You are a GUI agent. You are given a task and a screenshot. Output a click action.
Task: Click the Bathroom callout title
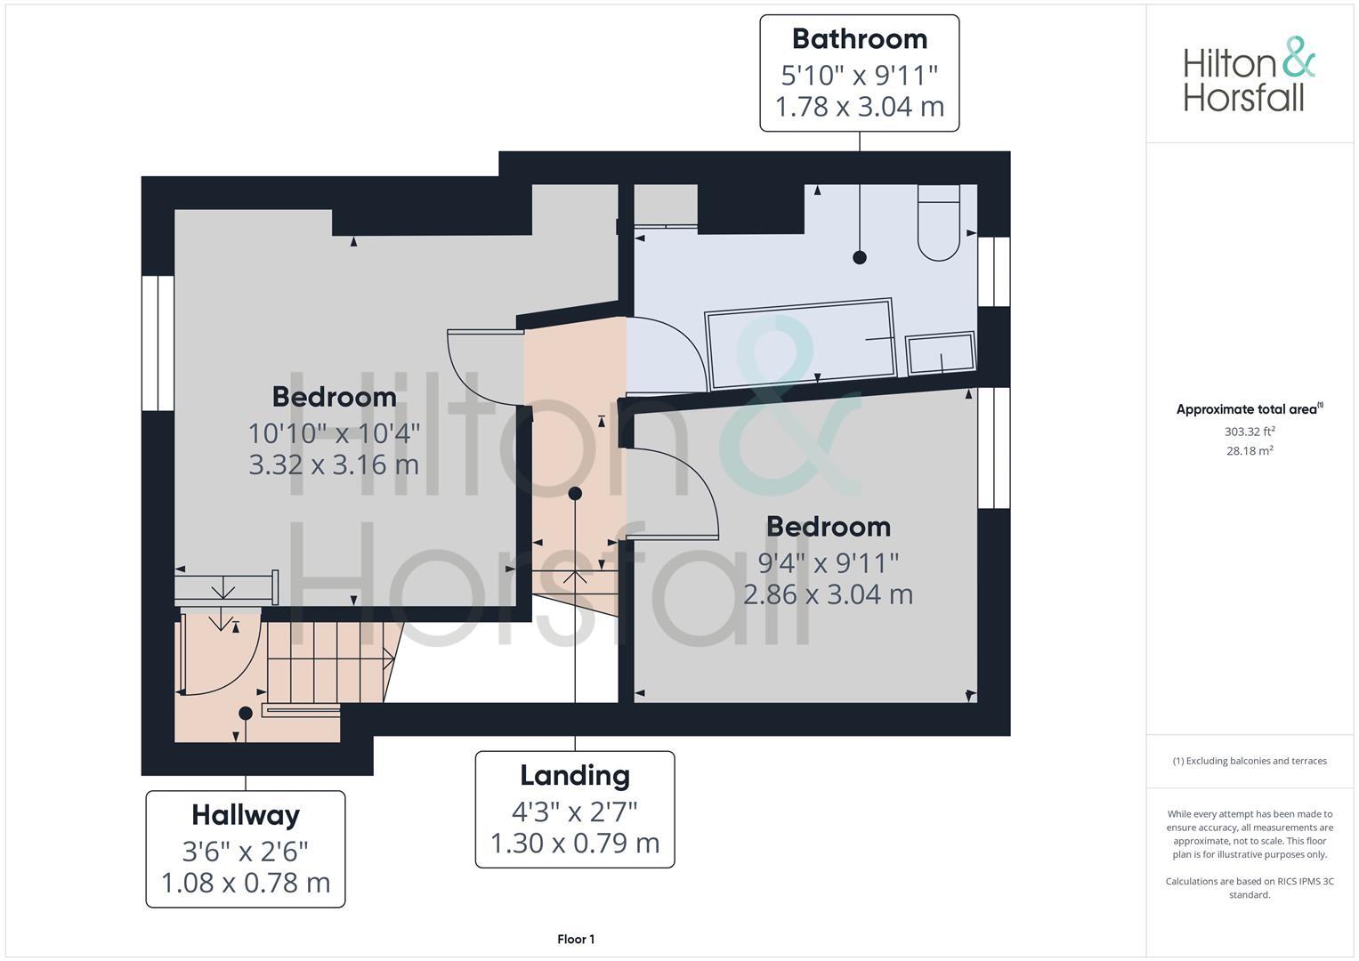[x=859, y=39]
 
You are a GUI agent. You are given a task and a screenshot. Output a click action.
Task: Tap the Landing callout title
[x=574, y=775]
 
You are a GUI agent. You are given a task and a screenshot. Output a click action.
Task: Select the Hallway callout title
[x=245, y=814]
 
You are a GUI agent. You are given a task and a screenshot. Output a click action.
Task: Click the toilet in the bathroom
[x=938, y=223]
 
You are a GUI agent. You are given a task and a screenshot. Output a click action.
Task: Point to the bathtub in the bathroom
[x=798, y=343]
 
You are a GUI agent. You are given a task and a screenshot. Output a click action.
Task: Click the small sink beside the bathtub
[x=940, y=353]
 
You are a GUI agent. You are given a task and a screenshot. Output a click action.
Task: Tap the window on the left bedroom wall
[x=158, y=343]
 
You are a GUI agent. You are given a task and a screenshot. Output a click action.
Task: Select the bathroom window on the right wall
[x=994, y=271]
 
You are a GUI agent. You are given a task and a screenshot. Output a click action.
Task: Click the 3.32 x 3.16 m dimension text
[x=333, y=464]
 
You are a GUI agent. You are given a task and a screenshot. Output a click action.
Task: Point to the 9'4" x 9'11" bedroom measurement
[x=828, y=562]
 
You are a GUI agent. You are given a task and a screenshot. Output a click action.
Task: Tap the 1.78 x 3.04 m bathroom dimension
[x=859, y=107]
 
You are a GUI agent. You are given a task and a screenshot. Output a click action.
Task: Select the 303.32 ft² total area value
[x=1250, y=432]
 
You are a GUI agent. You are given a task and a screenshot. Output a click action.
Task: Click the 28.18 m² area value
[x=1250, y=450]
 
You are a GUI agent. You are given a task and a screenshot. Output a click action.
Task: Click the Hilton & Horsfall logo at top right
[x=1249, y=75]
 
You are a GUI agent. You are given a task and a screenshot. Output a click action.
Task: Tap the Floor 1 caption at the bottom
[x=576, y=939]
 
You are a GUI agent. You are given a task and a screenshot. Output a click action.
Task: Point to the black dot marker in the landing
[x=575, y=493]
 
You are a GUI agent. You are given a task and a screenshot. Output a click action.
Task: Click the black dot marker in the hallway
[x=246, y=713]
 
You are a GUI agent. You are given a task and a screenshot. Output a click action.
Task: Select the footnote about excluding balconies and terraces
[x=1250, y=761]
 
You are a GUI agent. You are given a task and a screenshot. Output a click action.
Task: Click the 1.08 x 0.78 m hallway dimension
[x=245, y=884]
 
